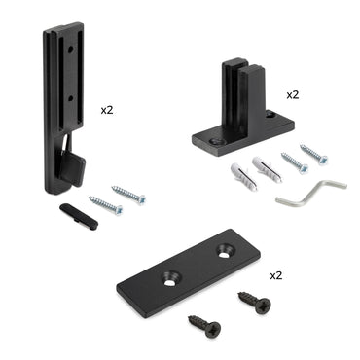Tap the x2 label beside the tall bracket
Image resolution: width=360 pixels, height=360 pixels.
point(107,110)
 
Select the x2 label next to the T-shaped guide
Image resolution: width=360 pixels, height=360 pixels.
point(293,95)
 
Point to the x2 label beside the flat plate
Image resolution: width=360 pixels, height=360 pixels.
point(274,275)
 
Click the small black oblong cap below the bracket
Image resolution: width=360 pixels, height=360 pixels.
point(79,215)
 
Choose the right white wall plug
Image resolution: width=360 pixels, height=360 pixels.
point(266,168)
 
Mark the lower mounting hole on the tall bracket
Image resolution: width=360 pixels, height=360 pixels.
point(70,96)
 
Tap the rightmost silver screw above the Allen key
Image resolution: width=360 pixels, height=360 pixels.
point(314,154)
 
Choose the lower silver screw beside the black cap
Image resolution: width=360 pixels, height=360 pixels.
point(106,204)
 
